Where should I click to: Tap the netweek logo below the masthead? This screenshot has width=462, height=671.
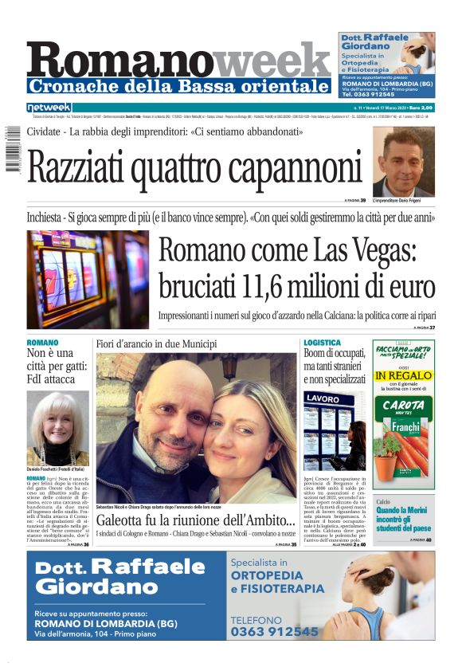[x=49, y=107]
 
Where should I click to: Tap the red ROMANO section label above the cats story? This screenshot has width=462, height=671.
[x=42, y=343]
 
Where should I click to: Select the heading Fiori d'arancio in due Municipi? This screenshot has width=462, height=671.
[x=156, y=343]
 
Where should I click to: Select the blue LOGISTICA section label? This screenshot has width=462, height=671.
[x=322, y=343]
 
